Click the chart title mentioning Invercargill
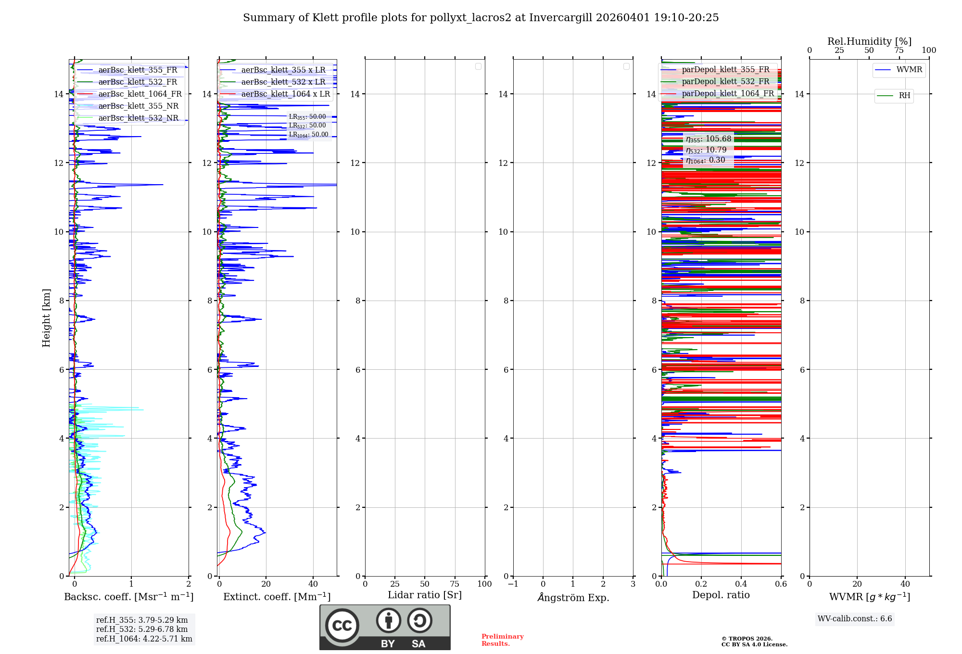[481, 18]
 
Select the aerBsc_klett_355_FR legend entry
[138, 70]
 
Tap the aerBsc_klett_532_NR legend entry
[138, 118]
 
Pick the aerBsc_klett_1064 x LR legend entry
[285, 94]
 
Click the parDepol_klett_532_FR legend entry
[725, 82]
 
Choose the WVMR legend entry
[909, 70]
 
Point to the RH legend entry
[904, 96]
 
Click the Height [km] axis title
[46, 318]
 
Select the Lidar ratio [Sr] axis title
[425, 595]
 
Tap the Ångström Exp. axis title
[573, 598]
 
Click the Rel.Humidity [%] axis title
[869, 41]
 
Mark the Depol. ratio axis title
[721, 595]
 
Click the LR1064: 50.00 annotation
[308, 135]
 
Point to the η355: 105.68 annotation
[708, 139]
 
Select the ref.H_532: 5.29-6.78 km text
[142, 629]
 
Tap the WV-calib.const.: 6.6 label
[855, 619]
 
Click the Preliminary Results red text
[502, 640]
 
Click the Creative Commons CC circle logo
[342, 625]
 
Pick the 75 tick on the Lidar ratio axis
[455, 584]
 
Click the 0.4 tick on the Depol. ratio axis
[741, 584]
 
